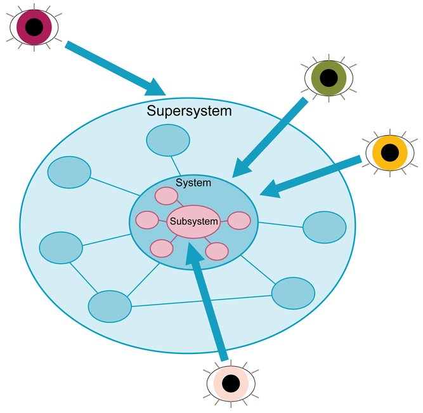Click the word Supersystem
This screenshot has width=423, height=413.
pos(189,111)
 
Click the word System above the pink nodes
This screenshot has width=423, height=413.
pos(193,183)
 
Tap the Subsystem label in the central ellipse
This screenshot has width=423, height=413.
pos(193,221)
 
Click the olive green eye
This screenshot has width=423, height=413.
pos(328,77)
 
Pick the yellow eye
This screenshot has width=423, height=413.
pos(389,152)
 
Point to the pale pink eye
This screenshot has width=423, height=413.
pos(231,383)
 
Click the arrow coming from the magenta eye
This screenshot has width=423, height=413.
pos(114,67)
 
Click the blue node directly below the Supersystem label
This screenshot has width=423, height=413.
pos(168,140)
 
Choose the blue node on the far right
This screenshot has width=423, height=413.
pos(324,227)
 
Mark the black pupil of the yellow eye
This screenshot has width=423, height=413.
pos(389,152)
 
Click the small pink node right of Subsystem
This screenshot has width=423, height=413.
pos(239,221)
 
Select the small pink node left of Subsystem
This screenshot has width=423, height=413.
pos(147,220)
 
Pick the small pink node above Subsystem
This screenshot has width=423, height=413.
pos(167,196)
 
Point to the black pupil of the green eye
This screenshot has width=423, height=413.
pos(328,77)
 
